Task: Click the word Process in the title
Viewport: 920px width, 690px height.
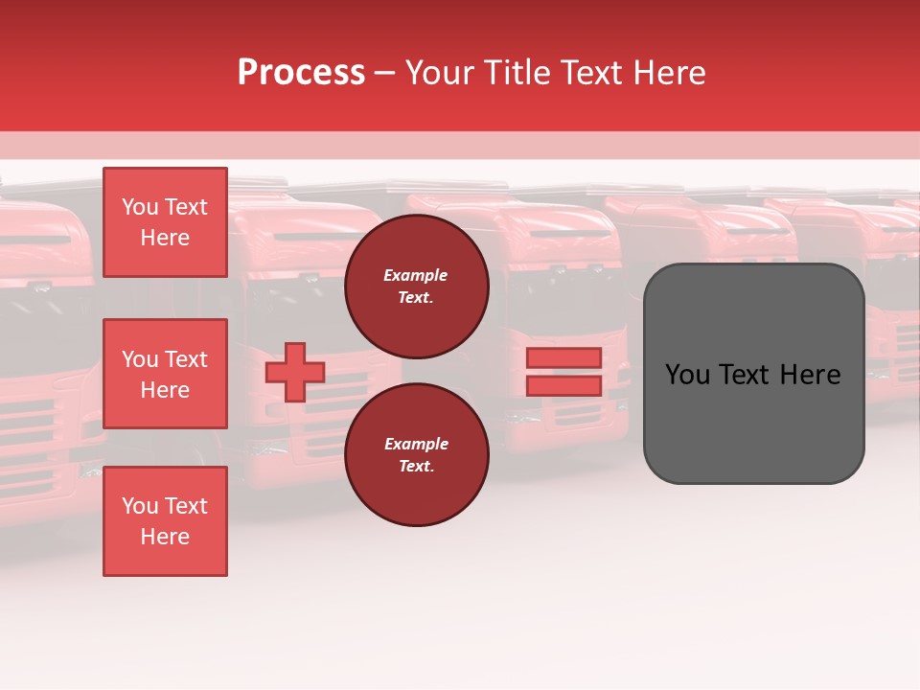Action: tap(301, 73)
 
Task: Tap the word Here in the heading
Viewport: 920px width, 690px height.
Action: tap(666, 73)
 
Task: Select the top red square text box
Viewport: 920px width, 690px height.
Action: tap(165, 222)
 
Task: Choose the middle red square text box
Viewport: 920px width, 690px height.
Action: tap(165, 374)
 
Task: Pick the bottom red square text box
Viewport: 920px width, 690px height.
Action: tap(165, 521)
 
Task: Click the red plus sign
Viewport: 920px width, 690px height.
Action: tap(295, 372)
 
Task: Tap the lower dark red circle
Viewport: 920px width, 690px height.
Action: tap(417, 455)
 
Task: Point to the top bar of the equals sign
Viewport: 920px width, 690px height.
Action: tap(563, 357)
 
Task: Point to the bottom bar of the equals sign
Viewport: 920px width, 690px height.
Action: tap(563, 385)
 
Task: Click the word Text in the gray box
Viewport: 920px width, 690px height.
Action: tap(746, 375)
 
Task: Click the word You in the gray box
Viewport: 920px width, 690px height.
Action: tap(687, 375)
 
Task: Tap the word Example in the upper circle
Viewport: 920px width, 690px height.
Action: tap(416, 275)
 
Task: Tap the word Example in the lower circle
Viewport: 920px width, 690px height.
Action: tap(416, 444)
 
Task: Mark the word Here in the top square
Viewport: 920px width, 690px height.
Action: tap(165, 238)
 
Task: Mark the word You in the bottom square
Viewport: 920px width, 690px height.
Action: tap(140, 506)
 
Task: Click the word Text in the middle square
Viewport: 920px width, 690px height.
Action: tap(186, 359)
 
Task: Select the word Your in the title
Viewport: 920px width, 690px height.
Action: tap(440, 73)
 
